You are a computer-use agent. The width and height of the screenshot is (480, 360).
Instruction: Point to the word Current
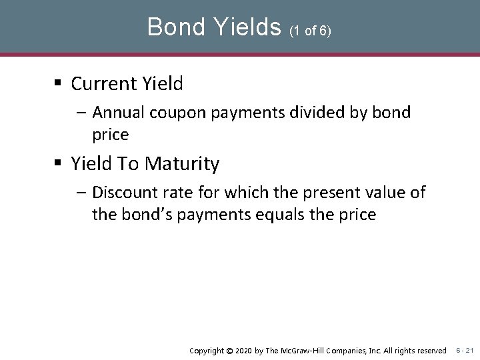point(103,83)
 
